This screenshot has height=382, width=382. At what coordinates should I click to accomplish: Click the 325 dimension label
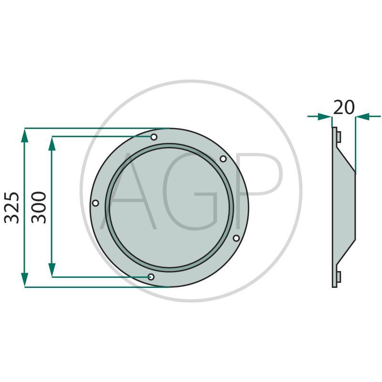(11, 208)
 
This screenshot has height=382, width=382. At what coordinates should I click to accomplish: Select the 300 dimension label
(39, 208)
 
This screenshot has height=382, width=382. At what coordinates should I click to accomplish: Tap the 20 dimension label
(344, 107)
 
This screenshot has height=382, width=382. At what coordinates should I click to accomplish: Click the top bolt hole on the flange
(154, 137)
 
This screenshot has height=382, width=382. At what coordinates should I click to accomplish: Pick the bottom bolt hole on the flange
(151, 277)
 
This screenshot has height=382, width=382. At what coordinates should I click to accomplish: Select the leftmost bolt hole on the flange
(95, 203)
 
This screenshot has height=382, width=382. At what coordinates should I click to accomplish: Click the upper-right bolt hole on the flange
(223, 159)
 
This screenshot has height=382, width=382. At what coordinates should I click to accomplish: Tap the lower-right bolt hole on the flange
(236, 238)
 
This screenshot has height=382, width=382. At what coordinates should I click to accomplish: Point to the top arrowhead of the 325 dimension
(25, 135)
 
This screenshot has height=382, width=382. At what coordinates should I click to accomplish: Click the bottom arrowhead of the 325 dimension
(25, 280)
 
